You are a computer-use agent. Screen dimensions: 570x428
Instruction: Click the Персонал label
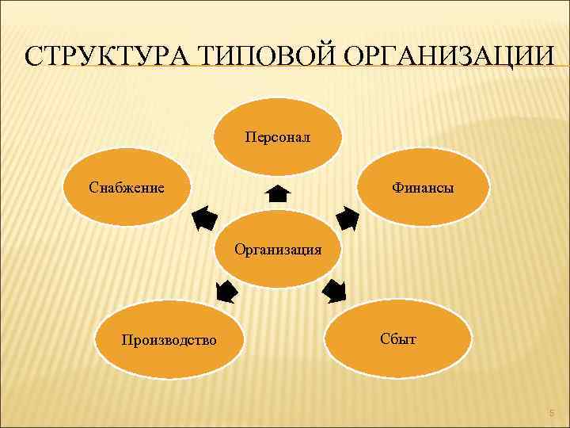click(x=278, y=137)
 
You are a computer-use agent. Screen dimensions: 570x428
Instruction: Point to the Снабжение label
click(x=127, y=188)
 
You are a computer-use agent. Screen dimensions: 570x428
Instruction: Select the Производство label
click(x=169, y=340)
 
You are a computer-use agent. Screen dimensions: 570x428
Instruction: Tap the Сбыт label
click(x=397, y=338)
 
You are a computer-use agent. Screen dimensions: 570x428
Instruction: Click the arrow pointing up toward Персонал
click(x=278, y=193)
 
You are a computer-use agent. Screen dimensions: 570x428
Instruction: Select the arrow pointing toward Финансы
click(x=347, y=218)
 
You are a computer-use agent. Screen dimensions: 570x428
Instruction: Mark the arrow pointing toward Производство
click(x=226, y=291)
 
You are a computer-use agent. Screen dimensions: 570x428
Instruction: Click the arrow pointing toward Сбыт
click(x=334, y=292)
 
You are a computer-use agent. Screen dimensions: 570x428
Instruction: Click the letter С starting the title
click(x=32, y=57)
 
